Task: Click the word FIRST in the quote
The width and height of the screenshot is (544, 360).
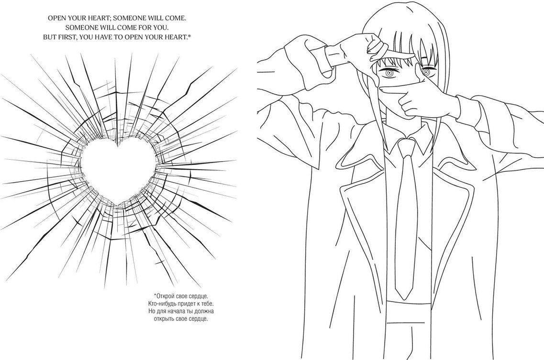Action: click(66, 37)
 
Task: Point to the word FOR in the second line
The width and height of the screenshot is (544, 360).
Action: click(145, 27)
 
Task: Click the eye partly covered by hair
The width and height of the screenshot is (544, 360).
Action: click(426, 72)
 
